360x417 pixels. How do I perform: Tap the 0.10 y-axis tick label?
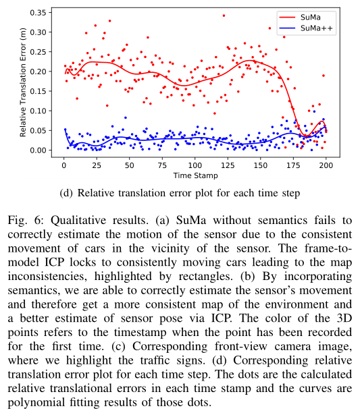coord(38,111)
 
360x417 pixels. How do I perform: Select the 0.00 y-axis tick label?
coord(38,150)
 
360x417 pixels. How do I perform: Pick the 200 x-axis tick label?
coord(326,165)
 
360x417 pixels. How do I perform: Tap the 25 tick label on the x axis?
coord(97,165)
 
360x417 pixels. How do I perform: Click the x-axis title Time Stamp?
coord(195,175)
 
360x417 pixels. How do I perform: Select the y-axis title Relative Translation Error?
coord(23,82)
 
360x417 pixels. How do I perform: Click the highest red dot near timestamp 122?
coord(224,16)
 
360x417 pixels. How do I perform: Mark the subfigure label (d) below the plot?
coord(66,193)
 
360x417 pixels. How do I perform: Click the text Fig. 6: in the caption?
coord(26,220)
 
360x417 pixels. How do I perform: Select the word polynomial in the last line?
coord(36,403)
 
